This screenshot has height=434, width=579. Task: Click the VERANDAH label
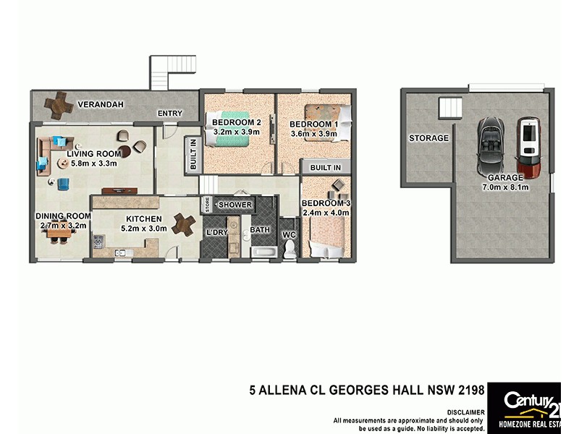[x=101, y=104]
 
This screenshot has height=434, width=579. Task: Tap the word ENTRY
[x=170, y=114]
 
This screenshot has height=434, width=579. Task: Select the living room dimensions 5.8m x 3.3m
[x=92, y=163]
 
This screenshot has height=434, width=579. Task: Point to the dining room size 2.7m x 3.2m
[x=64, y=225]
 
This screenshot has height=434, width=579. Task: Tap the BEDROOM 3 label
[x=326, y=203]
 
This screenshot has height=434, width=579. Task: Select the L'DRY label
[x=217, y=231]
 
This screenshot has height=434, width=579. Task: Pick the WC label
[x=289, y=234]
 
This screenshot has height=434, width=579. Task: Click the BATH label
[x=260, y=230]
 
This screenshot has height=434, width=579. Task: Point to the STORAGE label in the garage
[x=428, y=138]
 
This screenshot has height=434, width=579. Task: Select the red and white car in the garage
[x=529, y=148]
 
